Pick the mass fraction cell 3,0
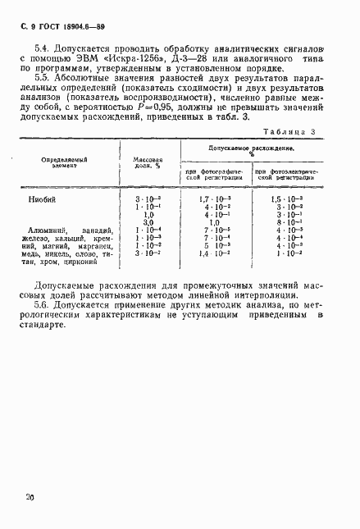[x=148, y=222]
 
